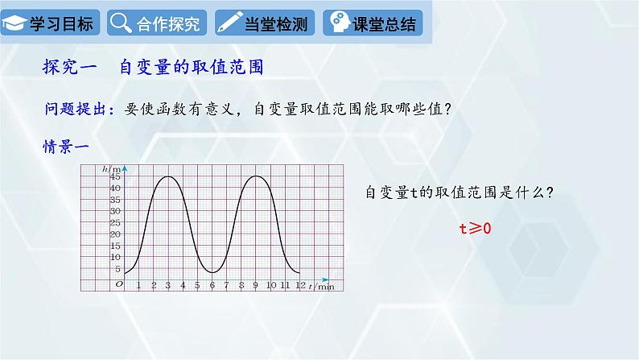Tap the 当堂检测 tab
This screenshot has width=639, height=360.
[x=264, y=23]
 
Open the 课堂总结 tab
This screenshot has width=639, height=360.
[x=373, y=23]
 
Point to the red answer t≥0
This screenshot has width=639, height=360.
[x=475, y=228]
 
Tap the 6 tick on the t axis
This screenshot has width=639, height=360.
[x=212, y=285]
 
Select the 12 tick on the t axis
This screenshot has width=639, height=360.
[x=300, y=285]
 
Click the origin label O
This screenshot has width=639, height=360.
[x=119, y=284]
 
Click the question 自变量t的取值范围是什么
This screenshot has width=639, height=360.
[x=460, y=193]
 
